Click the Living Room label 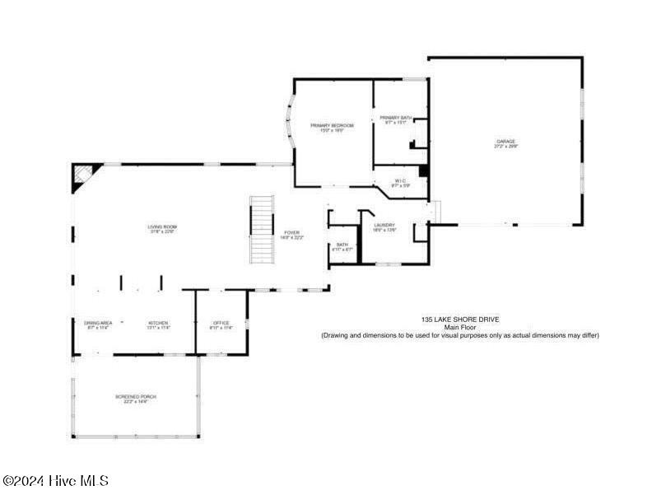pos(162,227)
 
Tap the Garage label pos(505,142)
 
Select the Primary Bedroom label pos(332,125)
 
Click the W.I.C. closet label pos(400,181)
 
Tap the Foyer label pos(292,233)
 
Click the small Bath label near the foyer pos(342,245)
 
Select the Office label pos(221,323)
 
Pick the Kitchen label pos(158,323)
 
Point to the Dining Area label pos(98,323)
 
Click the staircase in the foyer pos(262,230)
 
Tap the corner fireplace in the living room pos(84,175)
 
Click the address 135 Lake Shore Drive pos(460,319)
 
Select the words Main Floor pos(460,327)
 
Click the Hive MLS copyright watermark pos(56,480)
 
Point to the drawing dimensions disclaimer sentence pos(460,335)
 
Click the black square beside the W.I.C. pos(424,171)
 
